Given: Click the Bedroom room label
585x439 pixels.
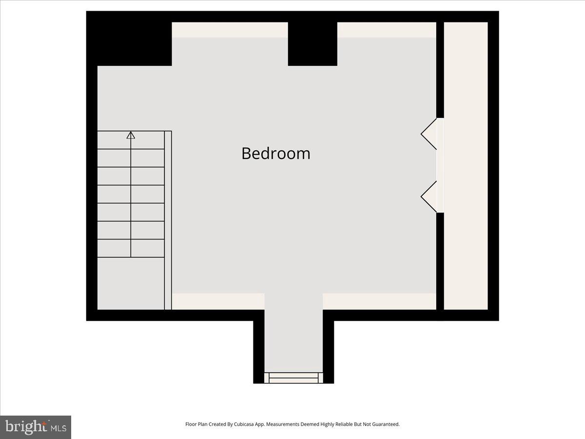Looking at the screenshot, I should (276, 153).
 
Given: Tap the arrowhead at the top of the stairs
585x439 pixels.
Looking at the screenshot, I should (131, 135).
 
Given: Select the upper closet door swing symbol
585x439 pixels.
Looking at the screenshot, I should (429, 133).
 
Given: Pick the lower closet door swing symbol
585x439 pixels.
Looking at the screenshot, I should (429, 197).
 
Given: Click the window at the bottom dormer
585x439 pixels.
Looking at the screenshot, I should (293, 378).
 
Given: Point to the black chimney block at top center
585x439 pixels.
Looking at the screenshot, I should (312, 44).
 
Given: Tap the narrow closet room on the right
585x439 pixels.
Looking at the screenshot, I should (466, 166).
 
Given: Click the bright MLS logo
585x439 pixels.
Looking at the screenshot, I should (36, 427).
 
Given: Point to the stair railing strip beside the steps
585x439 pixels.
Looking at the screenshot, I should (168, 219).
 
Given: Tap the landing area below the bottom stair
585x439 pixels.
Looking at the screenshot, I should (131, 283).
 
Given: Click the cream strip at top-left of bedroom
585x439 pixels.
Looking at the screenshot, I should (230, 30).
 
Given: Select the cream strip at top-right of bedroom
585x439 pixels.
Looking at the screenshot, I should (386, 30).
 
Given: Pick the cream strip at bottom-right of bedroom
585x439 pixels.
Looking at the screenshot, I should (379, 301).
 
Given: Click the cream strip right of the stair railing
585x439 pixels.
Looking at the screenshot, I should (218, 301).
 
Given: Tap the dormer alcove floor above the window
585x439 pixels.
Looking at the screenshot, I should (293, 337).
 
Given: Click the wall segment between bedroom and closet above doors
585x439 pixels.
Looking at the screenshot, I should (440, 68).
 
